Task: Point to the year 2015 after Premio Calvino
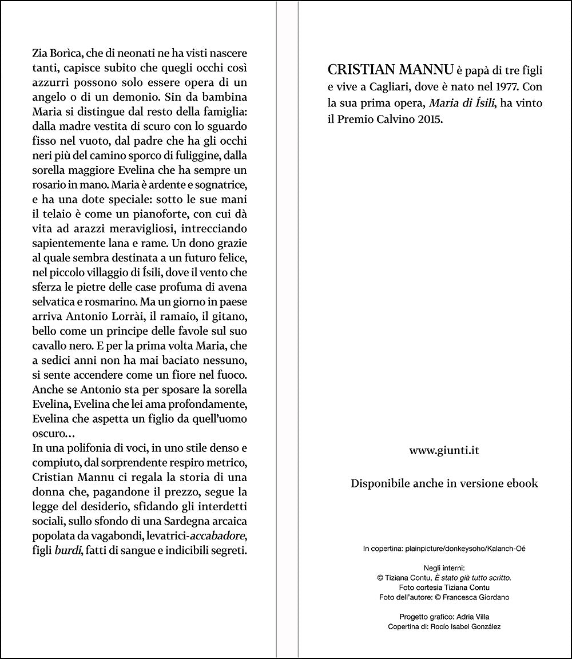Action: [x=428, y=121]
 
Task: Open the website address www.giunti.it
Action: [x=444, y=450]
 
